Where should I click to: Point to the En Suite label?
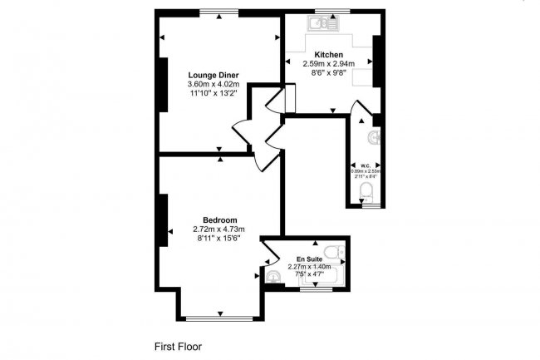click(x=309, y=259)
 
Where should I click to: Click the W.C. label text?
click(x=365, y=165)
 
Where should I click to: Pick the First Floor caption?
click(x=178, y=346)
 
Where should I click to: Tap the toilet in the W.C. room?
click(x=366, y=194)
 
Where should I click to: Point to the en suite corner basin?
click(x=273, y=274)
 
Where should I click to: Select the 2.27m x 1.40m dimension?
click(x=309, y=267)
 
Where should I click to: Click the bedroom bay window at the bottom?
click(x=220, y=318)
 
